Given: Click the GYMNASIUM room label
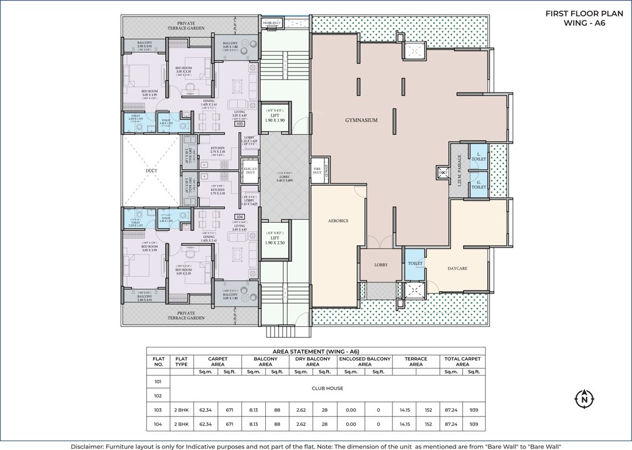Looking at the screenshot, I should click(x=361, y=120).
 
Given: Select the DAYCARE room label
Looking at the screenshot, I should click(x=457, y=268).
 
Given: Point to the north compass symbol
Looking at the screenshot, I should click(x=584, y=400).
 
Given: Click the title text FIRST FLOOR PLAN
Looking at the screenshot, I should click(x=575, y=13).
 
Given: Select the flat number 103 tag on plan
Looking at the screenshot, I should click(x=239, y=124).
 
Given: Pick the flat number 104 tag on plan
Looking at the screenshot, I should click(x=239, y=216).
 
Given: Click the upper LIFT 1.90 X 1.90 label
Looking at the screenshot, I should click(x=275, y=117).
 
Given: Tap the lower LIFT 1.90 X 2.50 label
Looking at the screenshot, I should click(x=275, y=240).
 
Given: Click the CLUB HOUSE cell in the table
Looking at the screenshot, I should click(x=326, y=388).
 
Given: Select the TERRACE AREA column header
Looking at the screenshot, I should click(x=416, y=362).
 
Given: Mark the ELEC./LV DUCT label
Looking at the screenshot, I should click(x=250, y=171).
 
